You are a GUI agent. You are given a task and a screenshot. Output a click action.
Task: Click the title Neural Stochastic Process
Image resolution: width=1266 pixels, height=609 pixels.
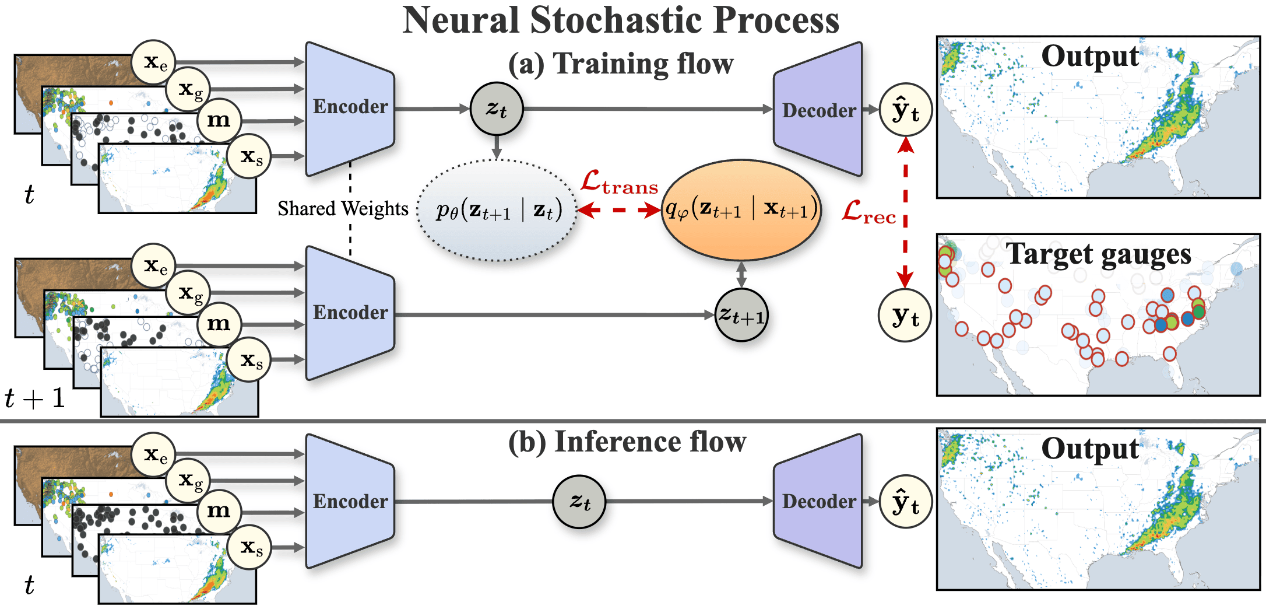pyautogui.click(x=621, y=20)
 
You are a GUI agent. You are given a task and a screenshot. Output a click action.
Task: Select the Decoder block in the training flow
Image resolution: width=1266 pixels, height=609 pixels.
pyautogui.click(x=818, y=110)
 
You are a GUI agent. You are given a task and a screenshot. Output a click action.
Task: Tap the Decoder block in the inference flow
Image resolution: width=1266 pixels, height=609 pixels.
pyautogui.click(x=818, y=501)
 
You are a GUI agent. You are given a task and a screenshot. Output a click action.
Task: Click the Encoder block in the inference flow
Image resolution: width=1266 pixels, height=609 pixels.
pyautogui.click(x=350, y=501)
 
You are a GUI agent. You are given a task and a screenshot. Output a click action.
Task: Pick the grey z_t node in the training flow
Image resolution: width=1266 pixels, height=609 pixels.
pyautogui.click(x=496, y=109)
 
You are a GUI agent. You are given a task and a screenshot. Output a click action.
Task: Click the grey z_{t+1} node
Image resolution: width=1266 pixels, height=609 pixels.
pyautogui.click(x=741, y=315)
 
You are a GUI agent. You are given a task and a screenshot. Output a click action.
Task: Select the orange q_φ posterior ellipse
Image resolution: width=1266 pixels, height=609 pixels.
pyautogui.click(x=741, y=210)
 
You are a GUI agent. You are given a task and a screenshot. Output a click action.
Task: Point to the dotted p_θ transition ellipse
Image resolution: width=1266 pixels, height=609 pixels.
pyautogui.click(x=497, y=210)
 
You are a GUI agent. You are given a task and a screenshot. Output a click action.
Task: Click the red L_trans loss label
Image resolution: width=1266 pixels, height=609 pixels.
pyautogui.click(x=619, y=183)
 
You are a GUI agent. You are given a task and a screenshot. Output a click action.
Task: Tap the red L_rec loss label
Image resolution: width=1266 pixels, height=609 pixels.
pyautogui.click(x=868, y=212)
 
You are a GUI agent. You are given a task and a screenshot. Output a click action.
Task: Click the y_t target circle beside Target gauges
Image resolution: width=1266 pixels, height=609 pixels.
pyautogui.click(x=905, y=316)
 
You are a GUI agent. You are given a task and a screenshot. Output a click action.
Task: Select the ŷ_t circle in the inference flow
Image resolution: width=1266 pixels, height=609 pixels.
pyautogui.click(x=905, y=502)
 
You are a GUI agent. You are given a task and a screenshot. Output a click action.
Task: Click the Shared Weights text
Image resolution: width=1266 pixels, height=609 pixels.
pyautogui.click(x=343, y=209)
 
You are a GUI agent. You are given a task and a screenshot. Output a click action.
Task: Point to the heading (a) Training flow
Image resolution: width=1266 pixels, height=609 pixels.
pyautogui.click(x=621, y=64)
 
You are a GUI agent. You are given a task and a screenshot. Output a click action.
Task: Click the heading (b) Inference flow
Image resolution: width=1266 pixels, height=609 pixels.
pyautogui.click(x=627, y=442)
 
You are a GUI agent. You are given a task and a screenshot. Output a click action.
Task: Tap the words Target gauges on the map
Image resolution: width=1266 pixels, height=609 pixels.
pyautogui.click(x=1098, y=254)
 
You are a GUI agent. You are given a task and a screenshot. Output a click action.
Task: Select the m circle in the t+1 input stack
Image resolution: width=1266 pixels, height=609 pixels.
pyautogui.click(x=219, y=323)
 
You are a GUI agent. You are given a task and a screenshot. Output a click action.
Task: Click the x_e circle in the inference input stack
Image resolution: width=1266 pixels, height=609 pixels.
pyautogui.click(x=154, y=454)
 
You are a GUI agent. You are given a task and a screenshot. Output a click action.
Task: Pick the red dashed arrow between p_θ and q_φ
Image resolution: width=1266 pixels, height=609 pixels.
pyautogui.click(x=619, y=210)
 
